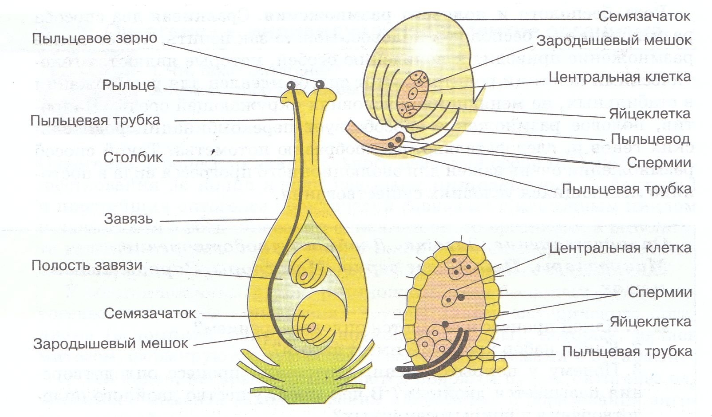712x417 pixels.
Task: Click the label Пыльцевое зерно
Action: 94,38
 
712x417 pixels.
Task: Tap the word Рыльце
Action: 128,85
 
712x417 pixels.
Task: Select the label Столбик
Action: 133,157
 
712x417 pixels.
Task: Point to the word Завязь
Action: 128,218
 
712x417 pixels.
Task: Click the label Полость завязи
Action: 87,265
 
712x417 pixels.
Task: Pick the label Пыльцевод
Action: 650,138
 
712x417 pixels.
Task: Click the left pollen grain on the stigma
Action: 291,85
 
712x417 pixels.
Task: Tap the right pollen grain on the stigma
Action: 320,83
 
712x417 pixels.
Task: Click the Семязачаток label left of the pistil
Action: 150,313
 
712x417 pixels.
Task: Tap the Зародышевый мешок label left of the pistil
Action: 111,343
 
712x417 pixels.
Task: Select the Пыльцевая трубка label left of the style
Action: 95,120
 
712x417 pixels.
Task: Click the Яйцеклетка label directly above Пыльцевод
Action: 649,114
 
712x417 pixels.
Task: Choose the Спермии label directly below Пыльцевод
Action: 659,163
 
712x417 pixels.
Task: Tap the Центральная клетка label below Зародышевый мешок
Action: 620,77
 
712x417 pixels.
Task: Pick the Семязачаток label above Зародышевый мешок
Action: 644,16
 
